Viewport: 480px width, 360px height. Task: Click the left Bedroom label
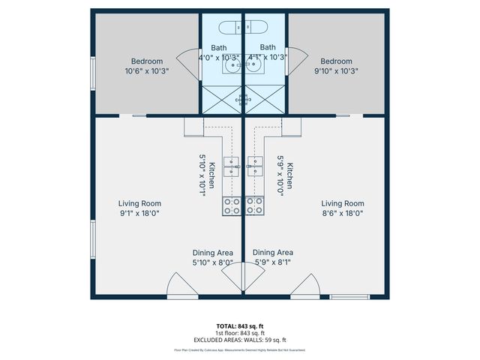coord(146,61)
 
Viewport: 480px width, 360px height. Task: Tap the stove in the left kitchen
coord(232,205)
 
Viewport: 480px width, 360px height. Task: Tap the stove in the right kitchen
coord(255,205)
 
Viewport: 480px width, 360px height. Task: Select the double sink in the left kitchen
coord(231,166)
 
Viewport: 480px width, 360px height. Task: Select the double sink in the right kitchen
coord(255,166)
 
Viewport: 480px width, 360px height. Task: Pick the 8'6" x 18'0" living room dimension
coord(343,213)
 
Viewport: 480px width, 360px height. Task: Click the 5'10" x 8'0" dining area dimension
coord(212,262)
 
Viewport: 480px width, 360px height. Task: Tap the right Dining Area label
coord(273,253)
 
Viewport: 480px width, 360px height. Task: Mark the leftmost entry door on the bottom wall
coord(181,286)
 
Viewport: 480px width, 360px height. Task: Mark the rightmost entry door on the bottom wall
coord(305,286)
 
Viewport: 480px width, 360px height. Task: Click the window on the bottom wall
coord(349,297)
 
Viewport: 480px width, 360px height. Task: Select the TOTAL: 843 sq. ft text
coord(240,325)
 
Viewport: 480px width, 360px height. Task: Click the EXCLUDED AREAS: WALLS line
coord(240,340)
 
